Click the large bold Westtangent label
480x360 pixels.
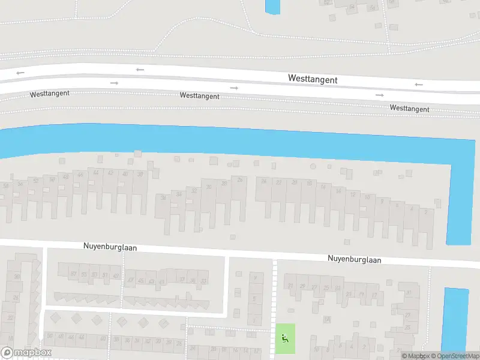(313, 79)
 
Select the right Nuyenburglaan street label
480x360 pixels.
(354, 260)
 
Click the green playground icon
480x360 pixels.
(285, 338)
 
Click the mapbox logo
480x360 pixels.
(26, 352)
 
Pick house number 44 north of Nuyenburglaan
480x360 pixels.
(96, 173)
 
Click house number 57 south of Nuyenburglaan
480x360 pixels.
(74, 274)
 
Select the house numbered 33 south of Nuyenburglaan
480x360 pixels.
(204, 281)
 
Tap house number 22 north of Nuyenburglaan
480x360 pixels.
(278, 182)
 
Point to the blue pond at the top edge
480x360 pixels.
(272, 7)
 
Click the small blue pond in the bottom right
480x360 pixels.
(454, 318)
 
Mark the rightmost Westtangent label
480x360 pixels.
(409, 109)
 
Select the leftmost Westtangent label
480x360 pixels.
(50, 94)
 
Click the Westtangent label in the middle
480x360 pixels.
(199, 96)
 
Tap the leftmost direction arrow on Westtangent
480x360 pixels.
(20, 73)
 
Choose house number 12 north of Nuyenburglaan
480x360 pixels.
(352, 194)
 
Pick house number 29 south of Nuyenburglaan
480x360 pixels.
(303, 286)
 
